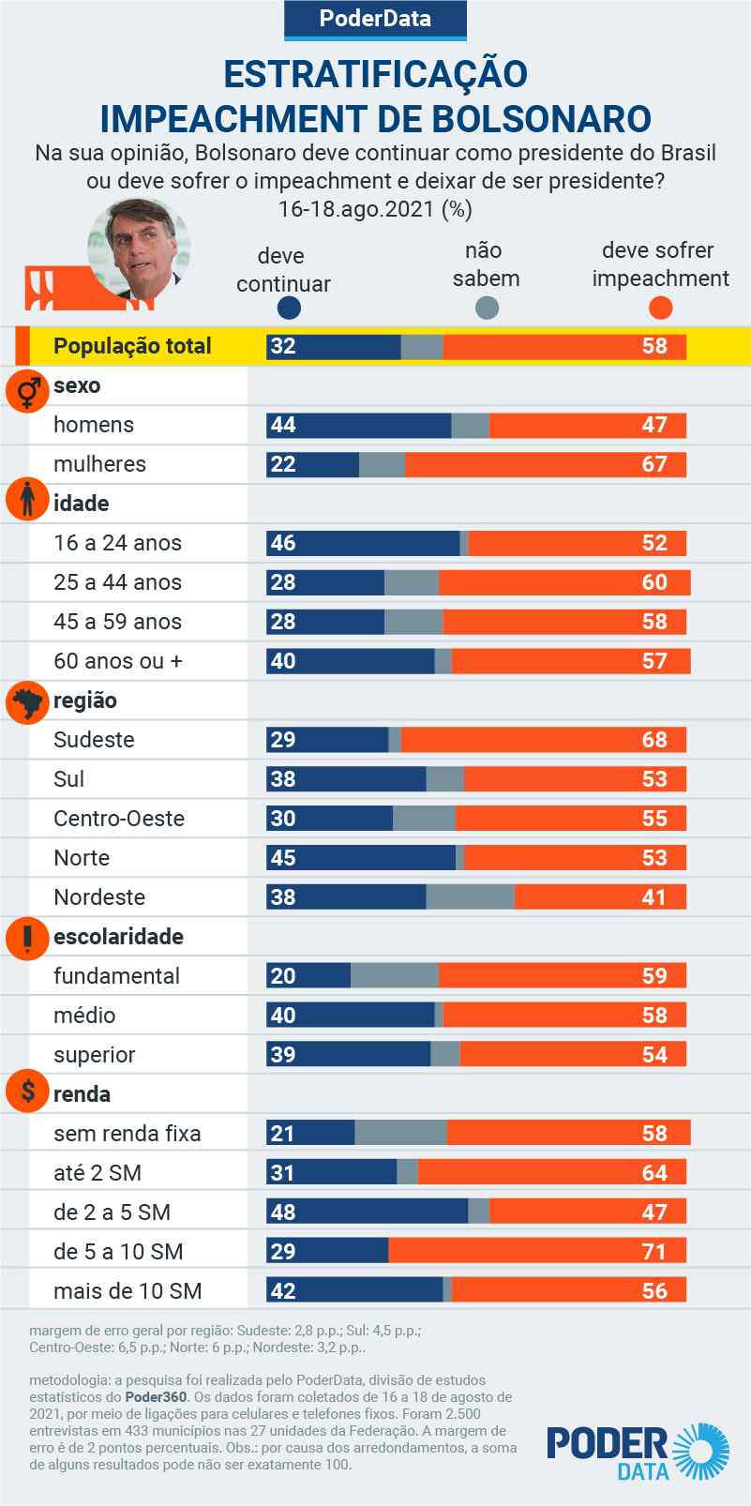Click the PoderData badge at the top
point(375,19)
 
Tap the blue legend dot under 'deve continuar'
point(290,309)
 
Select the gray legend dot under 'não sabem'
point(487,308)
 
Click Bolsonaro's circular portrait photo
point(139,250)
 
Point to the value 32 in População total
point(282,346)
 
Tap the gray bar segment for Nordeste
point(470,897)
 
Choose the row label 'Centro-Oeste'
point(119,819)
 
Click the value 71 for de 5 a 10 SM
point(654,1252)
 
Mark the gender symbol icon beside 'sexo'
point(27,388)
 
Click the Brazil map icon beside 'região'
point(27,702)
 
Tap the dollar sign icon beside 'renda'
point(28,1092)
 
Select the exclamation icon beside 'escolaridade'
point(27,937)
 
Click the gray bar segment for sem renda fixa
point(400,1134)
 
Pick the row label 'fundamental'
point(116,976)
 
